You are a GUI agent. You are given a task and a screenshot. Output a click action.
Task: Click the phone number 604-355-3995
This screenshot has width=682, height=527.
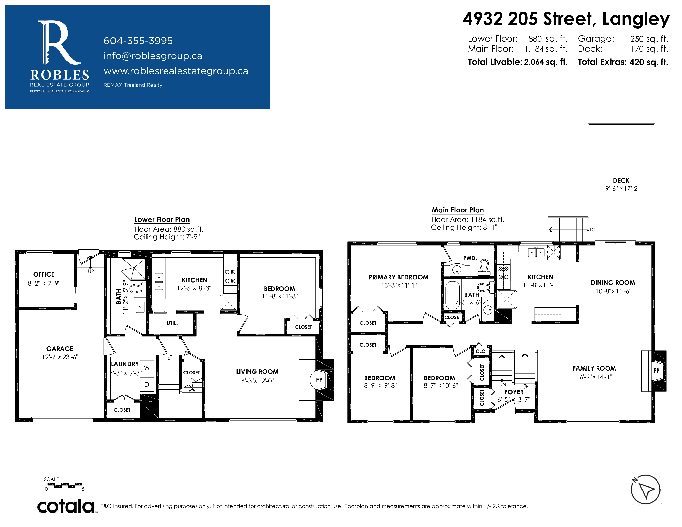[138, 41]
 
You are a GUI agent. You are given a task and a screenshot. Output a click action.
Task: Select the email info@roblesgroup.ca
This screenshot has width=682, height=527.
[153, 56]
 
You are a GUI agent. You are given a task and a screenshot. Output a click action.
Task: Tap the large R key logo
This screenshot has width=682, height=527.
[59, 43]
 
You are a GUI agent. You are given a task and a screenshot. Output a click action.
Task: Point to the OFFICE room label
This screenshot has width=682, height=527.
[44, 274]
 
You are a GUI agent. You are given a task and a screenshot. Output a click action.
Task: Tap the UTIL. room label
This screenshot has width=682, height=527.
[172, 323]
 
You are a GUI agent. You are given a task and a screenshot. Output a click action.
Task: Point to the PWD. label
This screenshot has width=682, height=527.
[470, 258]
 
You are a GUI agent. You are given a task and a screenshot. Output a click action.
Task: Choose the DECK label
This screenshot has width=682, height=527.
[621, 180]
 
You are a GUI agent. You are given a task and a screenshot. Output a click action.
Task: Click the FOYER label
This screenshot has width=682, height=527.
[514, 392]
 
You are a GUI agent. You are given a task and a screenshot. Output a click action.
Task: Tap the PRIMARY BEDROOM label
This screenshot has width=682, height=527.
[398, 277]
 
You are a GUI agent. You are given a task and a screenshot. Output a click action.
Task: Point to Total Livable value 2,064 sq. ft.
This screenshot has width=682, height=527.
[546, 62]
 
